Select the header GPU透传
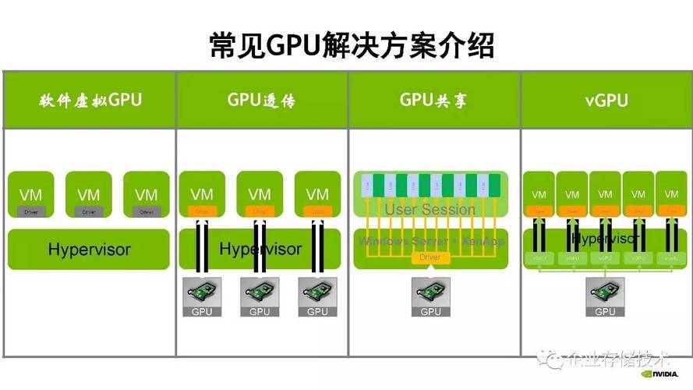261,101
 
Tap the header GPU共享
433,101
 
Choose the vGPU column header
606,101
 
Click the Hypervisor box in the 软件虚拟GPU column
89,250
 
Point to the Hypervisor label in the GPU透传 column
260,250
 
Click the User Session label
430,209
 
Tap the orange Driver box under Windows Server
430,257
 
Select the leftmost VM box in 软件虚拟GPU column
30,194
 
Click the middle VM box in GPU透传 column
260,194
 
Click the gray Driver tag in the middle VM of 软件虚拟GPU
88,211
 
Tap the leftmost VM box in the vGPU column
539,194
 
